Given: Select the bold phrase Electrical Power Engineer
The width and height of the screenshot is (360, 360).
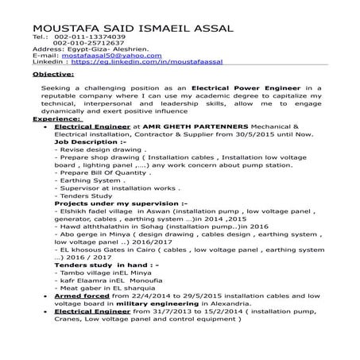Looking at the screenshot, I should tap(237, 86).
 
